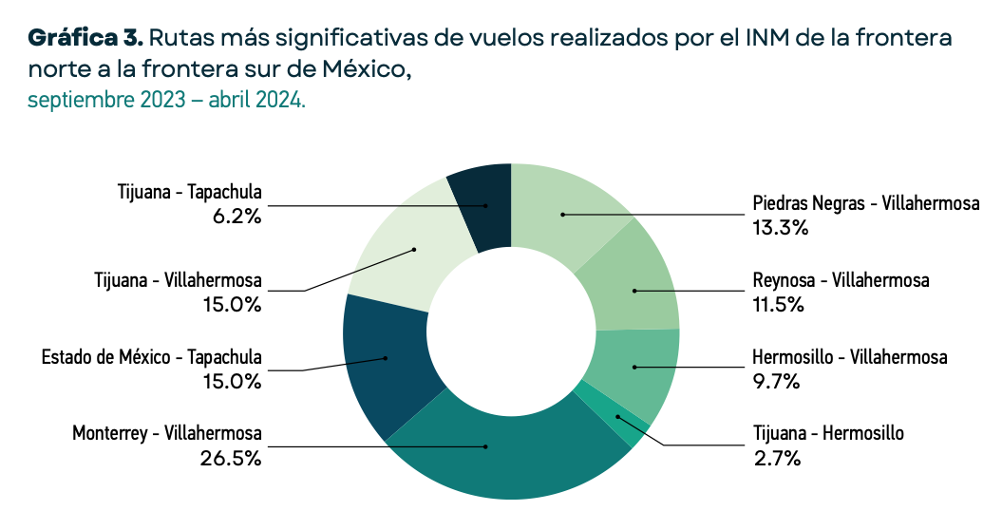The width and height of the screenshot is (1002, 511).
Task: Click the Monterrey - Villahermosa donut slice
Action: [x=503, y=456]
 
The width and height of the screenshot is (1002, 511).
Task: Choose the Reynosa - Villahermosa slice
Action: [x=631, y=281]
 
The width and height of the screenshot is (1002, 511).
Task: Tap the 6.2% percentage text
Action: [x=237, y=216]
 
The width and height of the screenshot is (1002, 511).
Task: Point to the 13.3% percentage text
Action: [x=780, y=227]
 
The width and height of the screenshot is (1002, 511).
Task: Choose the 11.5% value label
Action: [x=779, y=304]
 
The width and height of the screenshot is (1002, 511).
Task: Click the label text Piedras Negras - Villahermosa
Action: [x=865, y=204]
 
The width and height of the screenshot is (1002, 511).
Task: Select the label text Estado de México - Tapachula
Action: [x=152, y=358]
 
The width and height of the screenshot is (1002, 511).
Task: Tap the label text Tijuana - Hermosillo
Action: [x=828, y=434]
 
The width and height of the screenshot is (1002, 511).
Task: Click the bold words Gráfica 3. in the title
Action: [x=85, y=39]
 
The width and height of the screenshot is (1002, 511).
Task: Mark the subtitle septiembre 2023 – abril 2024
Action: [x=166, y=100]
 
